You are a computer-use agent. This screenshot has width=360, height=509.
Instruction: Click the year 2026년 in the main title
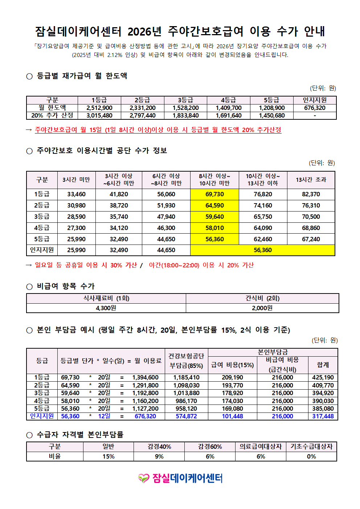[144, 32]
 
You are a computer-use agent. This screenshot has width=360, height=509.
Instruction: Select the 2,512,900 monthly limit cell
[99, 108]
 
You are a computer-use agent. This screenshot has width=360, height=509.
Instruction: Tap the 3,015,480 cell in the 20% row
[99, 115]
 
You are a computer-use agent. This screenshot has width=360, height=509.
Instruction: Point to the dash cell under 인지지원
[315, 115]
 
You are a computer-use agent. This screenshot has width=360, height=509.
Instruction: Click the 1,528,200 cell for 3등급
[185, 108]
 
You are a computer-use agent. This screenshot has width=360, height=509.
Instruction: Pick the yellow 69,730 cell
[214, 194]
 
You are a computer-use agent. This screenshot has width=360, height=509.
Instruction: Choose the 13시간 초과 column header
[311, 180]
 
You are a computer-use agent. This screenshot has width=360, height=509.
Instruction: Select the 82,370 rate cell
[311, 194]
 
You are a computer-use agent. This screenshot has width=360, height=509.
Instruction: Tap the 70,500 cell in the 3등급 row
[311, 217]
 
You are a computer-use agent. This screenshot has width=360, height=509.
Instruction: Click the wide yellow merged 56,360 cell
[262, 250]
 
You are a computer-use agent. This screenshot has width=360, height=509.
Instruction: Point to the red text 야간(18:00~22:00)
[174, 265]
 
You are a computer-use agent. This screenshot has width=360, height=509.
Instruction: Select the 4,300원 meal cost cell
[106, 308]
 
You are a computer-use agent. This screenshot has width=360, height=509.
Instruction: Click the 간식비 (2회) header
[262, 298]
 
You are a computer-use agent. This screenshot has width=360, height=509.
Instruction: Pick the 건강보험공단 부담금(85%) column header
[186, 361]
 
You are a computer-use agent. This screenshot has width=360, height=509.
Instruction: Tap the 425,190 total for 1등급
[323, 377]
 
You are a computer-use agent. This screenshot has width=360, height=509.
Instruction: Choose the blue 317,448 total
[323, 416]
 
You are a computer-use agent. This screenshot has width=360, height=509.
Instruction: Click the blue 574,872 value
[186, 416]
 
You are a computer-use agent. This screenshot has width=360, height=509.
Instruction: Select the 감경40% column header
[159, 447]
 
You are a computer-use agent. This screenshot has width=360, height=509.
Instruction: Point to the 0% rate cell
[311, 456]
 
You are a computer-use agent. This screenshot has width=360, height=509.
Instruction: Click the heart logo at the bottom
[144, 478]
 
